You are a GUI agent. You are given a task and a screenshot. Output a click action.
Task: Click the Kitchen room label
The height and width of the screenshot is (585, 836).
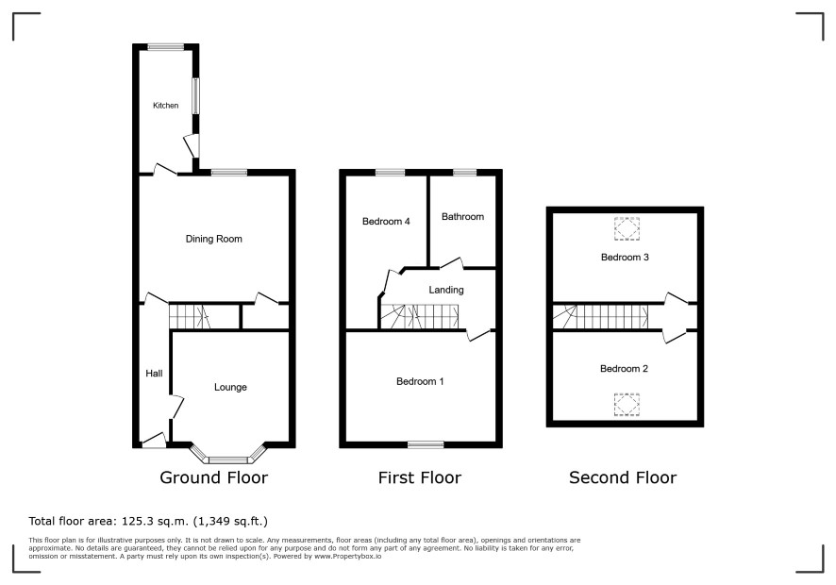pos(165,106)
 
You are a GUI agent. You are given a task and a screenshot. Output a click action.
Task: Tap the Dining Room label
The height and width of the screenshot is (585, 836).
pos(214,239)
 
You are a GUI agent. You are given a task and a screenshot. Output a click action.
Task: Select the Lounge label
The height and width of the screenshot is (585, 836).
pos(230,387)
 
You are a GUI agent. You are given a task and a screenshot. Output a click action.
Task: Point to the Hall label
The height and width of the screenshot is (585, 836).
pos(154,374)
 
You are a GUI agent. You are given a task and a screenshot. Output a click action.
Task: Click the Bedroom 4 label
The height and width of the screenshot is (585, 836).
pos(386,222)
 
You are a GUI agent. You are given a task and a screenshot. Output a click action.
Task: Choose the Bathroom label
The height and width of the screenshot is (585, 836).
pos(462,216)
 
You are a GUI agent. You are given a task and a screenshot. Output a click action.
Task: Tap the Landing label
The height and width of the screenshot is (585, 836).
pos(446,290)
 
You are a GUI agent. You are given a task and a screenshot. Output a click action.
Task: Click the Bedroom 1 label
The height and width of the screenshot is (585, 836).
pos(420,381)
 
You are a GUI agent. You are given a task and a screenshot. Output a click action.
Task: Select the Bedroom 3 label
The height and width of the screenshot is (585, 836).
pos(625,257)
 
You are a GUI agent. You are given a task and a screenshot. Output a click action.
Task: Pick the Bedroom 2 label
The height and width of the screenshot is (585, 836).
pos(624,369)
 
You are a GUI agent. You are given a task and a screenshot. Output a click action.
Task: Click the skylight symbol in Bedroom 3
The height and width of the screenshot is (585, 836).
pos(627,228)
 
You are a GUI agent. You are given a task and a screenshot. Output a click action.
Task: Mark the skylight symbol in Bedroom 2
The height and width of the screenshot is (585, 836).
pos(627,404)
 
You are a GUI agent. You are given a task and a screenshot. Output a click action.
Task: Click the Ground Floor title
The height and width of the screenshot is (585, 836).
pos(214,477)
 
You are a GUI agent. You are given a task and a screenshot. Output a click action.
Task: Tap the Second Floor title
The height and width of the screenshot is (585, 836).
pos(623,477)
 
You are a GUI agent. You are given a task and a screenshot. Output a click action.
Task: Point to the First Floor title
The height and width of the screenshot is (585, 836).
pos(420,477)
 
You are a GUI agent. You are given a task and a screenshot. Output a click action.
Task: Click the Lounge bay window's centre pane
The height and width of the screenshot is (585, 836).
pos(228,460)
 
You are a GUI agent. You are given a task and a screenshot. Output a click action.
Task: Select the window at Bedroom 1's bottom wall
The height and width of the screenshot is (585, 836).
pos(426,444)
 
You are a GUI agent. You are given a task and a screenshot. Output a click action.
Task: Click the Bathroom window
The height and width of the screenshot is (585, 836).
pos(464,173)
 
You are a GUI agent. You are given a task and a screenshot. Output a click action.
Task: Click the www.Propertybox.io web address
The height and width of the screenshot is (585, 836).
pos(347,556)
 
